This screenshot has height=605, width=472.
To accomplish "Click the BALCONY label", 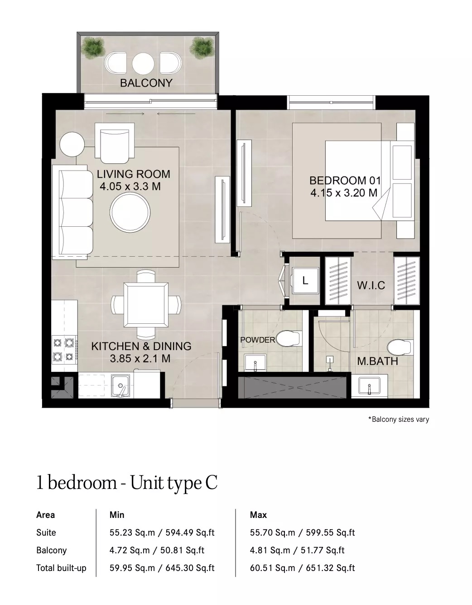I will point(146,83).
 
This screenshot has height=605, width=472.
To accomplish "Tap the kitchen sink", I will point(120,386).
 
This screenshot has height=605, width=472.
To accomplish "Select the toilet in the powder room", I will point(289,338).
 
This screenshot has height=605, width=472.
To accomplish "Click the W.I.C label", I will point(371,285).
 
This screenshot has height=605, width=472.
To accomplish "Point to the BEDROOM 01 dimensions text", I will point(344,193).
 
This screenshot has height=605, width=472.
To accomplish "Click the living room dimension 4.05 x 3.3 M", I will point(130,186).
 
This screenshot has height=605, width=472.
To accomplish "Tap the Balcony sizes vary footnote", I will point(398,420).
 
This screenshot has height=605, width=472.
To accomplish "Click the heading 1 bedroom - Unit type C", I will point(127,483).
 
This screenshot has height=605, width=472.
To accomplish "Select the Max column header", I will point(258,515).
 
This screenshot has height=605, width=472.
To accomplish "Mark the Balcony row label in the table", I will point(51,551).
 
